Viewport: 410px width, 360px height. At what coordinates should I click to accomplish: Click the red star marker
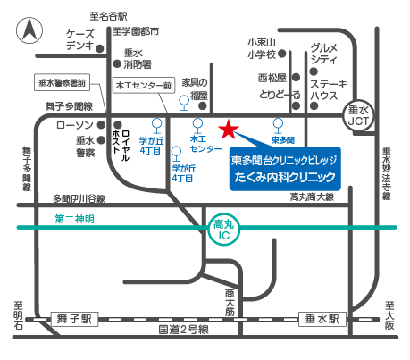[228, 130]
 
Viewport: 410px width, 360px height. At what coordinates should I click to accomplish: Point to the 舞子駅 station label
[75, 318]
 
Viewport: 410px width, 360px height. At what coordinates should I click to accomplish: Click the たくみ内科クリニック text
[284, 177]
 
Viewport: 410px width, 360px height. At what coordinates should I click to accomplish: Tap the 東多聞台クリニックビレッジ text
[284, 160]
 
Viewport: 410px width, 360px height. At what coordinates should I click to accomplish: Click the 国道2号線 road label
[183, 331]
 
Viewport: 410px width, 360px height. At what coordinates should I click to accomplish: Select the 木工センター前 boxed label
[142, 85]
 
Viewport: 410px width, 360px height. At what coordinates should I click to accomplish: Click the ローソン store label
[74, 125]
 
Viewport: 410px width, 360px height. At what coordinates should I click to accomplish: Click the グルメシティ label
[324, 52]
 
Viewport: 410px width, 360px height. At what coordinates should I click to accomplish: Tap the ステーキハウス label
[323, 90]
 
